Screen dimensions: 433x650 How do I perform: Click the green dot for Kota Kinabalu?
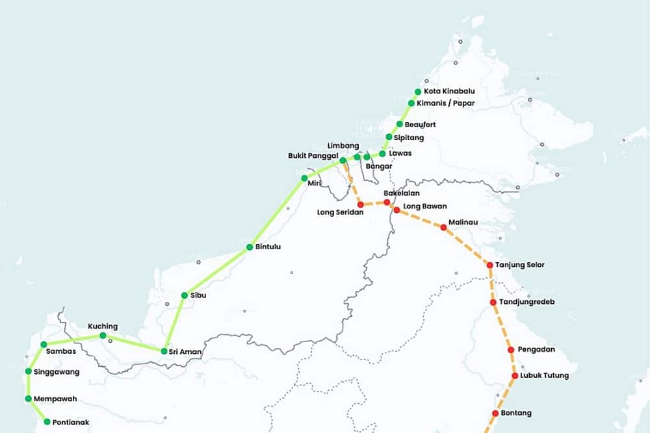(x=418, y=92)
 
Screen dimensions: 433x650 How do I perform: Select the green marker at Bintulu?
(x=250, y=247)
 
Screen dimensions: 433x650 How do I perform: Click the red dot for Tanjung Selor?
(x=489, y=265)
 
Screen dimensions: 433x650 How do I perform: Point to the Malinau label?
(x=463, y=222)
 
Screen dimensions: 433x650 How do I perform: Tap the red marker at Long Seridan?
(x=361, y=204)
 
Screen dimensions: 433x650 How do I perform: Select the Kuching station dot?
(x=103, y=336)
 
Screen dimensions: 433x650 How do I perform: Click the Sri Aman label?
(x=185, y=352)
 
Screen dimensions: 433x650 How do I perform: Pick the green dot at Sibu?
(x=185, y=295)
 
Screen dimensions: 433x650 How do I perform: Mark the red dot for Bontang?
(x=495, y=414)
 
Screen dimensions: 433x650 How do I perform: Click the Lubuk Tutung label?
(x=544, y=376)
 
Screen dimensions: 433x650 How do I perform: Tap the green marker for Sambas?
(x=44, y=344)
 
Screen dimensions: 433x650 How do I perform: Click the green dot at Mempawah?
(x=29, y=399)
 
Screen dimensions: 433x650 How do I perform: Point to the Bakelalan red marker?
(x=387, y=203)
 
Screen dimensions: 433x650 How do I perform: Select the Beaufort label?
(x=420, y=124)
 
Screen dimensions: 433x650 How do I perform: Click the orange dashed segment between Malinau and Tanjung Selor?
(x=467, y=246)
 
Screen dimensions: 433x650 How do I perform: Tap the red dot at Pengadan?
(x=511, y=350)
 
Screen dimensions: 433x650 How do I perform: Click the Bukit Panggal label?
(x=311, y=156)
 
